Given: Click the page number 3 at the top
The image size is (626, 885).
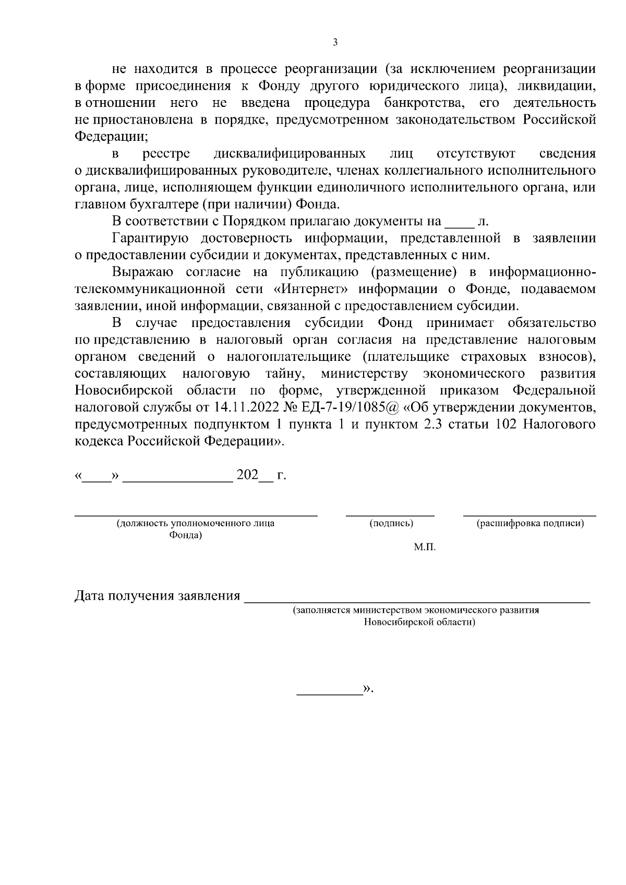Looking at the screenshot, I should [335, 42].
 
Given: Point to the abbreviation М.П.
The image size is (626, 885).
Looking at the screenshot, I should [425, 548].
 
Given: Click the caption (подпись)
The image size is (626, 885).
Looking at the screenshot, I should [391, 524].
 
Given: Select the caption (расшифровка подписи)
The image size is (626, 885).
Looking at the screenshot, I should [530, 524].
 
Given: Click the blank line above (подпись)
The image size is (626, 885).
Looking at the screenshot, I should [390, 515].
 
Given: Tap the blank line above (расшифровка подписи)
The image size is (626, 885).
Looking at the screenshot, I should [529, 515].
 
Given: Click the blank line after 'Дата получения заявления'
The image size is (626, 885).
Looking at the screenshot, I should [417, 601].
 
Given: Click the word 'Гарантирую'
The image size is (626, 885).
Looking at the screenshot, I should [150, 238].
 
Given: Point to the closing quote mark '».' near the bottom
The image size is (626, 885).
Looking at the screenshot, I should [368, 689].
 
